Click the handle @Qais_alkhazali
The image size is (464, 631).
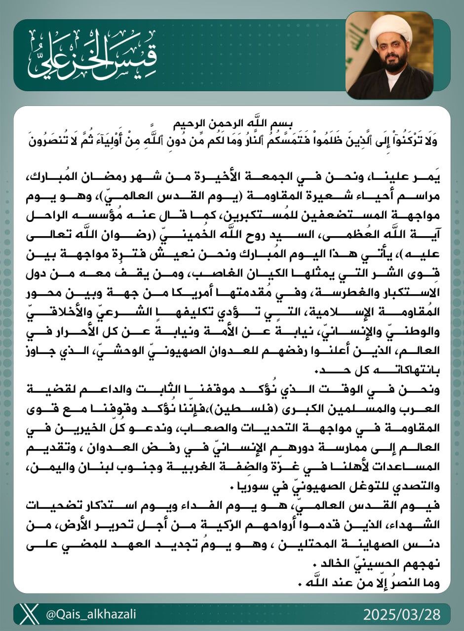91,614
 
